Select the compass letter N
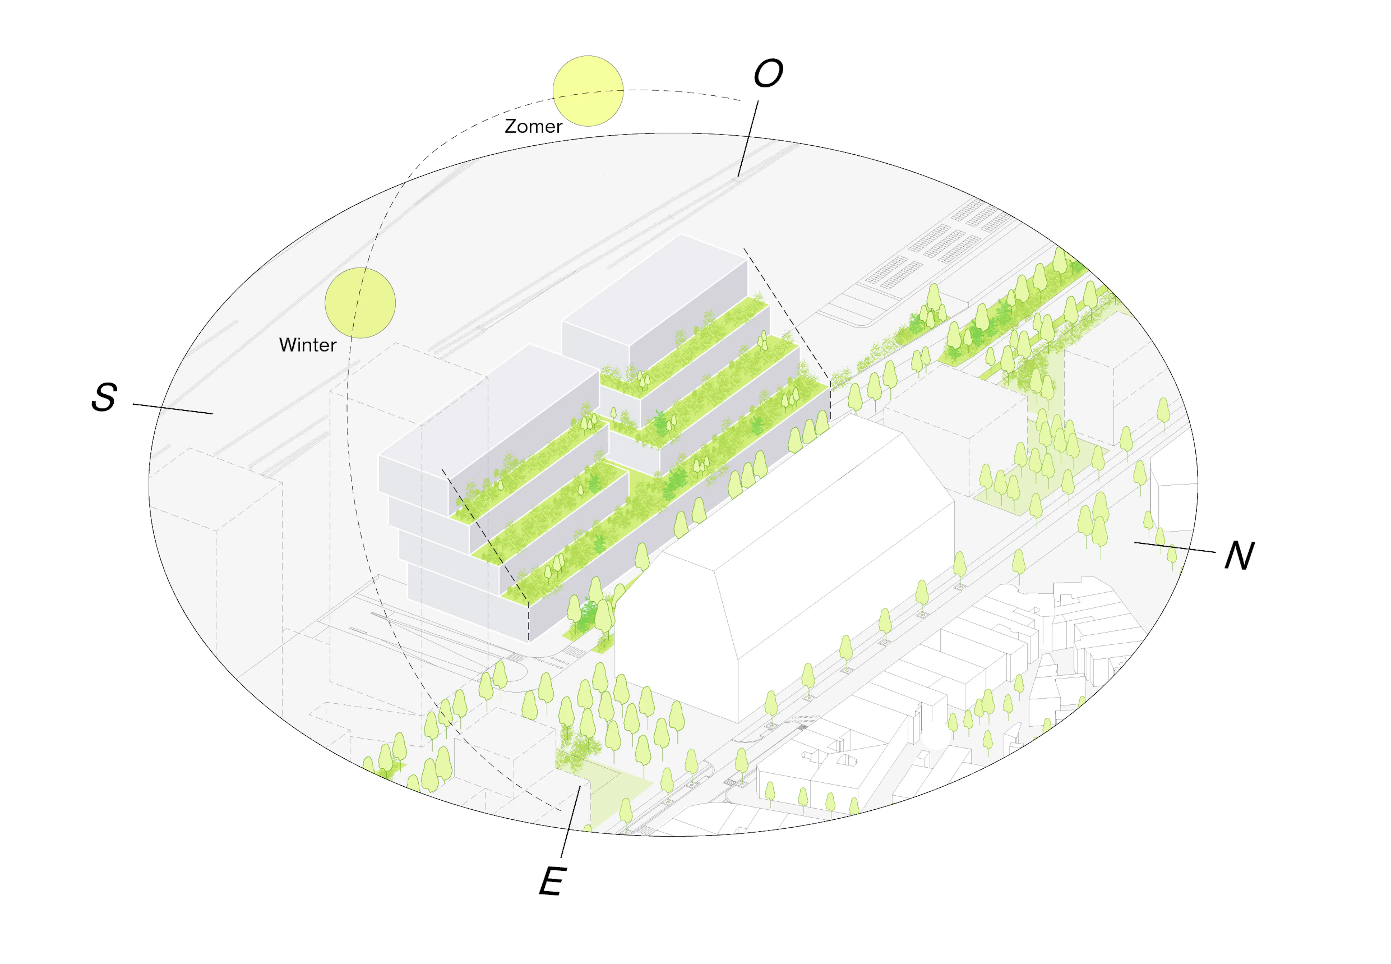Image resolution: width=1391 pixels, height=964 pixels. click(1239, 555)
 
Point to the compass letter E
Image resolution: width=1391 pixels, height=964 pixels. click(552, 881)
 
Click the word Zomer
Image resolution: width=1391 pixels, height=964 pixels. click(533, 126)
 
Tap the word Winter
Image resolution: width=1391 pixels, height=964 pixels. click(307, 345)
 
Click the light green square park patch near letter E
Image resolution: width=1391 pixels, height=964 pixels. click(610, 785)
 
